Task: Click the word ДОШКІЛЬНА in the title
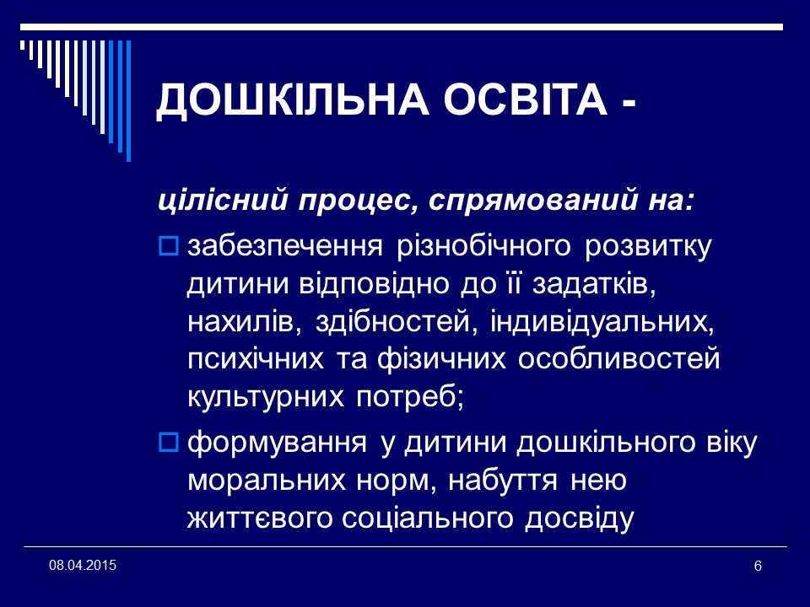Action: (x=273, y=102)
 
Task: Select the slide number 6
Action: (x=757, y=565)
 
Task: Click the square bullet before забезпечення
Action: (x=167, y=247)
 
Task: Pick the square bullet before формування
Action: (x=167, y=441)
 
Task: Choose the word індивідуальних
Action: (x=617, y=322)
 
